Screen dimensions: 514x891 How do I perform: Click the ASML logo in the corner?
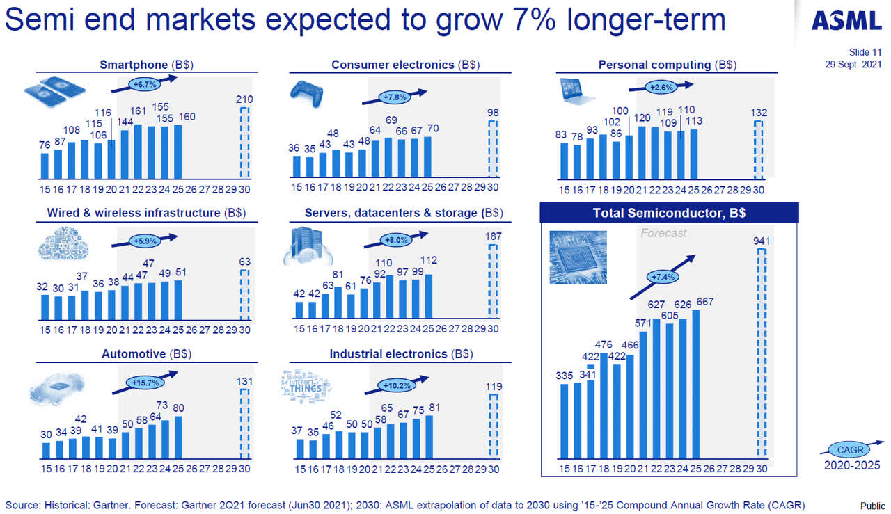tap(846, 21)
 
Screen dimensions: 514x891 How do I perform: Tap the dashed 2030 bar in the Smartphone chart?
tap(244, 143)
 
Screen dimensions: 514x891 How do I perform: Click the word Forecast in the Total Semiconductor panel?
tap(663, 233)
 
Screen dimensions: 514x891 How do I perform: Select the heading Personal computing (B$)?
tap(668, 65)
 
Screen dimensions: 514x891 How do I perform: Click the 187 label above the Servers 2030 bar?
tap(493, 237)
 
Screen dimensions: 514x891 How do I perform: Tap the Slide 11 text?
tap(865, 52)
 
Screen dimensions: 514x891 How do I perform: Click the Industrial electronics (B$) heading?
tap(401, 354)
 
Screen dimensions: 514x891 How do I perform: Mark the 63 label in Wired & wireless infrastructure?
tap(244, 262)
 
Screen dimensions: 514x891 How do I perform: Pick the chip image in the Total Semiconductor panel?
tap(577, 257)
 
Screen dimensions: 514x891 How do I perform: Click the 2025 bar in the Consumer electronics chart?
tap(427, 157)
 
